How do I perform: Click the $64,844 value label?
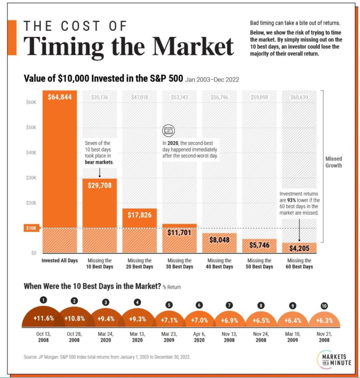tap(60, 97)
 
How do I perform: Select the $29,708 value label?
tap(99, 185)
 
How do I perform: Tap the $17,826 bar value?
tap(139, 215)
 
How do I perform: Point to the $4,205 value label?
tap(299, 249)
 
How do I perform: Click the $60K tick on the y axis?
tap(31, 103)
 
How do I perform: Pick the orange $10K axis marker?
tap(31, 228)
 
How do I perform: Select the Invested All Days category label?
tap(60, 261)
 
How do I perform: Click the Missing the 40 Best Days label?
tap(219, 264)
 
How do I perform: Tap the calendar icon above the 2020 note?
tap(167, 130)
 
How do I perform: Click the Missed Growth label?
tap(333, 162)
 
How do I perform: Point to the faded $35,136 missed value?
tap(99, 97)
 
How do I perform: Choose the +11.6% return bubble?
tap(44, 318)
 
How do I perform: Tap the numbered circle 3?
tap(106, 302)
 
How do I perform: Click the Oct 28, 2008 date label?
tap(74, 337)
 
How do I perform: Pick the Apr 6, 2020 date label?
tap(199, 337)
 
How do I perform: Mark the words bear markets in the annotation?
tap(99, 162)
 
